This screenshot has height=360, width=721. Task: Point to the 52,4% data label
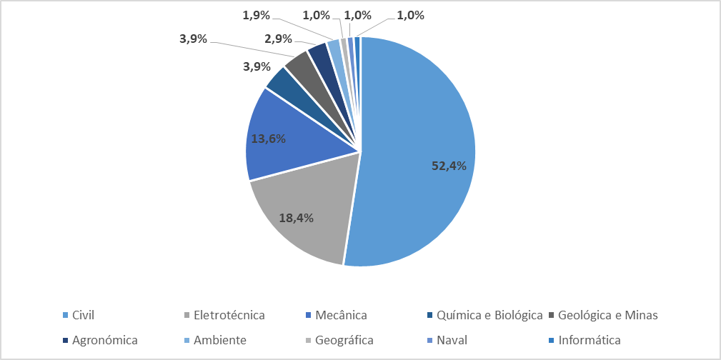[x=449, y=166]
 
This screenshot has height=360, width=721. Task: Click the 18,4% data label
[x=296, y=218]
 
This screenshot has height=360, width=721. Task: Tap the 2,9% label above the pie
[x=278, y=38]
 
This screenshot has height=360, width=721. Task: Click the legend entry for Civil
[x=84, y=315]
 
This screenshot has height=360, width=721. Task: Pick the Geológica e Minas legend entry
[x=607, y=315]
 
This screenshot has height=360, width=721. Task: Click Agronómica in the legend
[x=104, y=340]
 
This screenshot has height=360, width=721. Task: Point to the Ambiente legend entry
[x=219, y=340]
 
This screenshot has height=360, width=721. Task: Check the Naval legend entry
[x=452, y=340]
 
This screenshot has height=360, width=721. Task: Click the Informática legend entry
[x=590, y=340]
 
